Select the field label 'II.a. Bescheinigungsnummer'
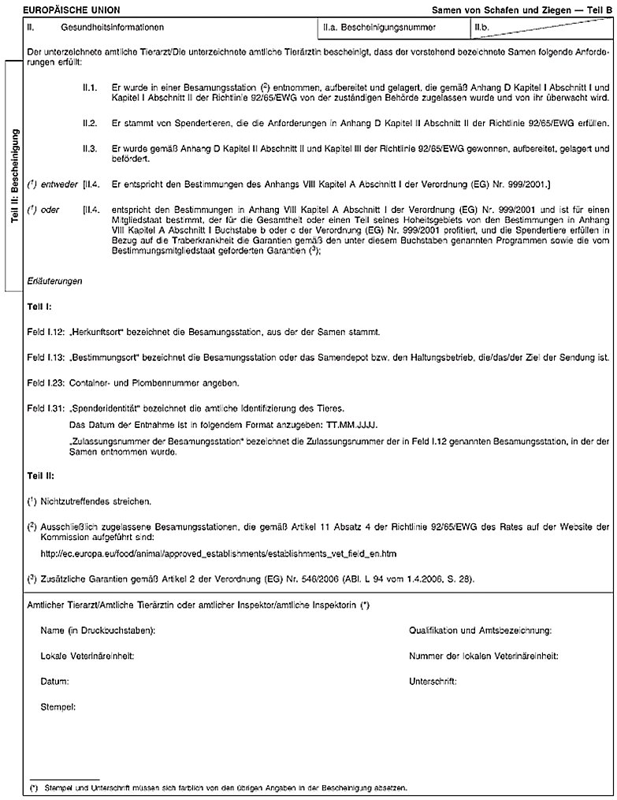click(373, 28)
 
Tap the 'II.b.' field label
click(482, 28)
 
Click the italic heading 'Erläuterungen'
click(54, 281)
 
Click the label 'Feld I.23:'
click(45, 383)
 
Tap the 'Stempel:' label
click(58, 707)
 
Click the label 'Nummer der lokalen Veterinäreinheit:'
click(484, 656)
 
